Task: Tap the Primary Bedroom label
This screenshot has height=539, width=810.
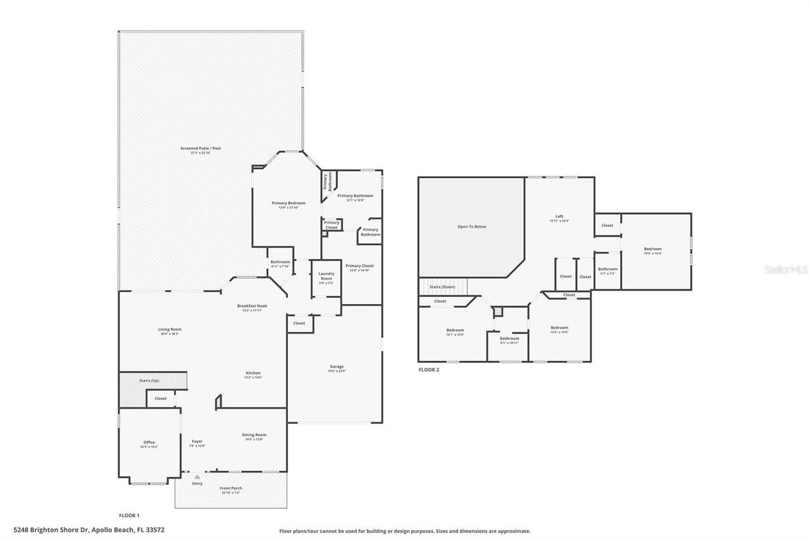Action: (289, 203)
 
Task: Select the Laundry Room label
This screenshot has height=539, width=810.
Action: (326, 276)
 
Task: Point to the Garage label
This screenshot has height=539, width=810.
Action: (337, 366)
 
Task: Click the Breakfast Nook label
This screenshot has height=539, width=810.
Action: (252, 306)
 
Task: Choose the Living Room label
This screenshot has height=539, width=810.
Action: (170, 329)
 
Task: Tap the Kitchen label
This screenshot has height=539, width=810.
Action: (253, 373)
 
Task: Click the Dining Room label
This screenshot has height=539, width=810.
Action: (254, 435)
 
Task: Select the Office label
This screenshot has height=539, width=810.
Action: (149, 442)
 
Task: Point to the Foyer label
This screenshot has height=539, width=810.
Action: (197, 442)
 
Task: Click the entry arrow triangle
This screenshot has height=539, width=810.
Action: (197, 476)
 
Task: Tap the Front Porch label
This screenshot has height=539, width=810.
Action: (231, 488)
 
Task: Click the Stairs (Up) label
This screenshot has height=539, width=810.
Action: (149, 381)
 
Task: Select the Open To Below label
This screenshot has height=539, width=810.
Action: (471, 226)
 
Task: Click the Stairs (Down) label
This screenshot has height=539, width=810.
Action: (442, 287)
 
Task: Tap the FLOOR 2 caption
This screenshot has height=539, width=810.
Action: (428, 370)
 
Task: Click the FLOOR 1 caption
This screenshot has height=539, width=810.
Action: (129, 516)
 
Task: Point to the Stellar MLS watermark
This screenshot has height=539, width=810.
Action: (786, 269)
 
